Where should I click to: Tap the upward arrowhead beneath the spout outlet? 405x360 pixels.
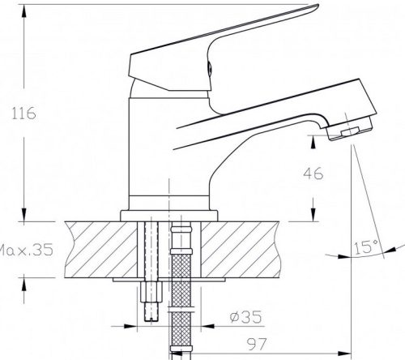point(313,144)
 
